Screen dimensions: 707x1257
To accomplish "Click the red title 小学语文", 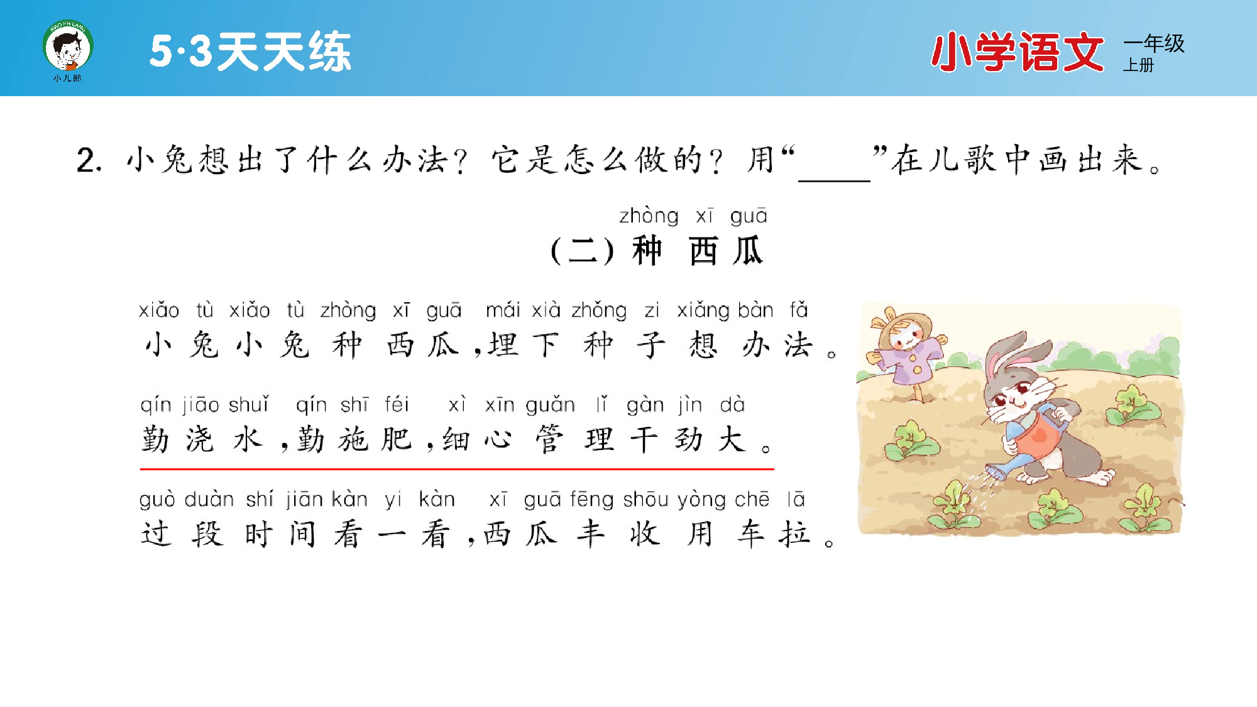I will [1017, 52].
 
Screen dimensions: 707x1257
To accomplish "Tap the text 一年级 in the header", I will [1154, 43].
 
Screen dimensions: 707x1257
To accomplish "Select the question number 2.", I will [89, 160].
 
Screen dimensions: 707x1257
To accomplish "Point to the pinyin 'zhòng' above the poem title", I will [649, 216].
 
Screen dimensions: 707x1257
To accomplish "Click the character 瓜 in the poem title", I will [748, 251].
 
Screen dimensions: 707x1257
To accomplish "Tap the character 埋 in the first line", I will [503, 345].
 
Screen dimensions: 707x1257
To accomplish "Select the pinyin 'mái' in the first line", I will [503, 310].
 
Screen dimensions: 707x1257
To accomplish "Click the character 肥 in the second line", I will [397, 439].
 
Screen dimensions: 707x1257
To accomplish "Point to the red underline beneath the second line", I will [457, 469].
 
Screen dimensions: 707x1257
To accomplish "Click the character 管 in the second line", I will [549, 439].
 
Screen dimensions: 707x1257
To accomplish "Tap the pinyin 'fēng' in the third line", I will [591, 500].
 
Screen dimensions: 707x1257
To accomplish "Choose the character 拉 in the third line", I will [795, 534].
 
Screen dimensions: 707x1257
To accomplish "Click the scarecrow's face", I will [905, 337].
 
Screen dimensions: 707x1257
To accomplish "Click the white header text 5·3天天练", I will [250, 52].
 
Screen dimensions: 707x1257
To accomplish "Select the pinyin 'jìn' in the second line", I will [689, 405].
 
